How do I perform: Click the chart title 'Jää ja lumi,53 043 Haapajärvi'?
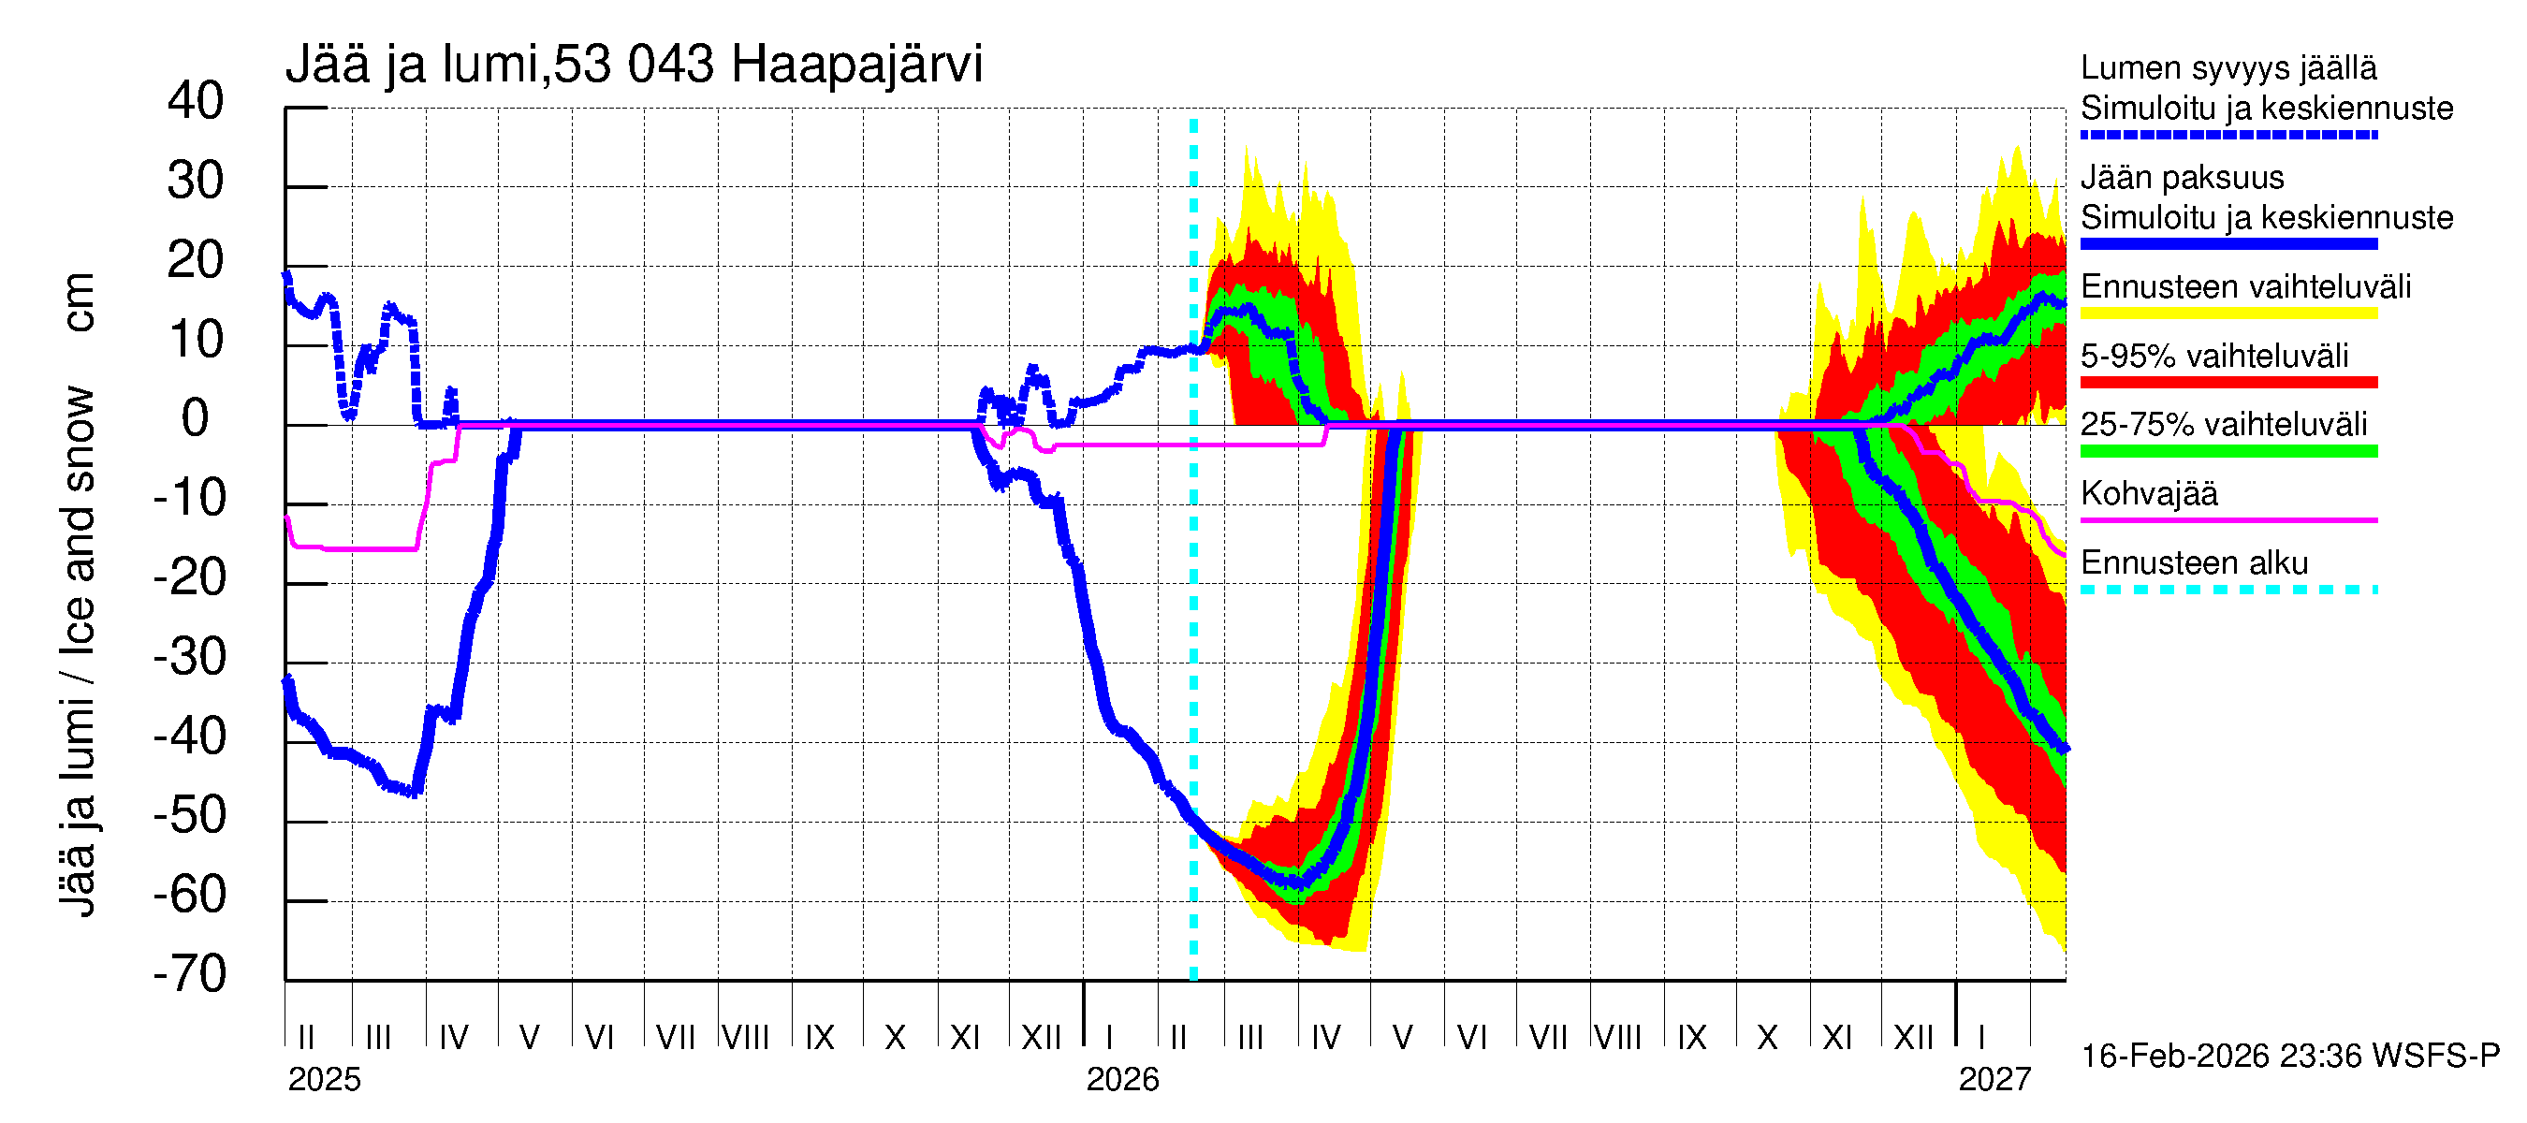click(x=634, y=65)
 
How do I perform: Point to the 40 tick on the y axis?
click(x=196, y=101)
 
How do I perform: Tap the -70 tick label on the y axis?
click(x=190, y=974)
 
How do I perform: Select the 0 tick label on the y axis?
click(x=196, y=419)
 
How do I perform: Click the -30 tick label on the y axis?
click(x=190, y=657)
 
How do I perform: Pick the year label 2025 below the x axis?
click(x=324, y=1080)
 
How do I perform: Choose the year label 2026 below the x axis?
click(x=1122, y=1080)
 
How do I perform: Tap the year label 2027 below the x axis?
click(x=1994, y=1080)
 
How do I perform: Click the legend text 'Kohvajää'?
click(x=2148, y=493)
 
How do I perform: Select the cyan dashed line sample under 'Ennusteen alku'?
click(x=2228, y=590)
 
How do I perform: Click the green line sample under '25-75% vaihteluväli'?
click(x=2228, y=451)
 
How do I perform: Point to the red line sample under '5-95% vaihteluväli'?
click(x=2228, y=383)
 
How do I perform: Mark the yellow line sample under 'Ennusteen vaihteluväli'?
click(x=2228, y=313)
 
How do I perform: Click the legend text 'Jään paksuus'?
click(x=2182, y=178)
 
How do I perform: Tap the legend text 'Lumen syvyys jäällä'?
click(x=2228, y=67)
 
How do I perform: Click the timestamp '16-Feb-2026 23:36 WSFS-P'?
click(x=2289, y=1057)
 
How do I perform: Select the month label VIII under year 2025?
click(x=746, y=1037)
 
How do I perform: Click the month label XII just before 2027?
click(x=1913, y=1037)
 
